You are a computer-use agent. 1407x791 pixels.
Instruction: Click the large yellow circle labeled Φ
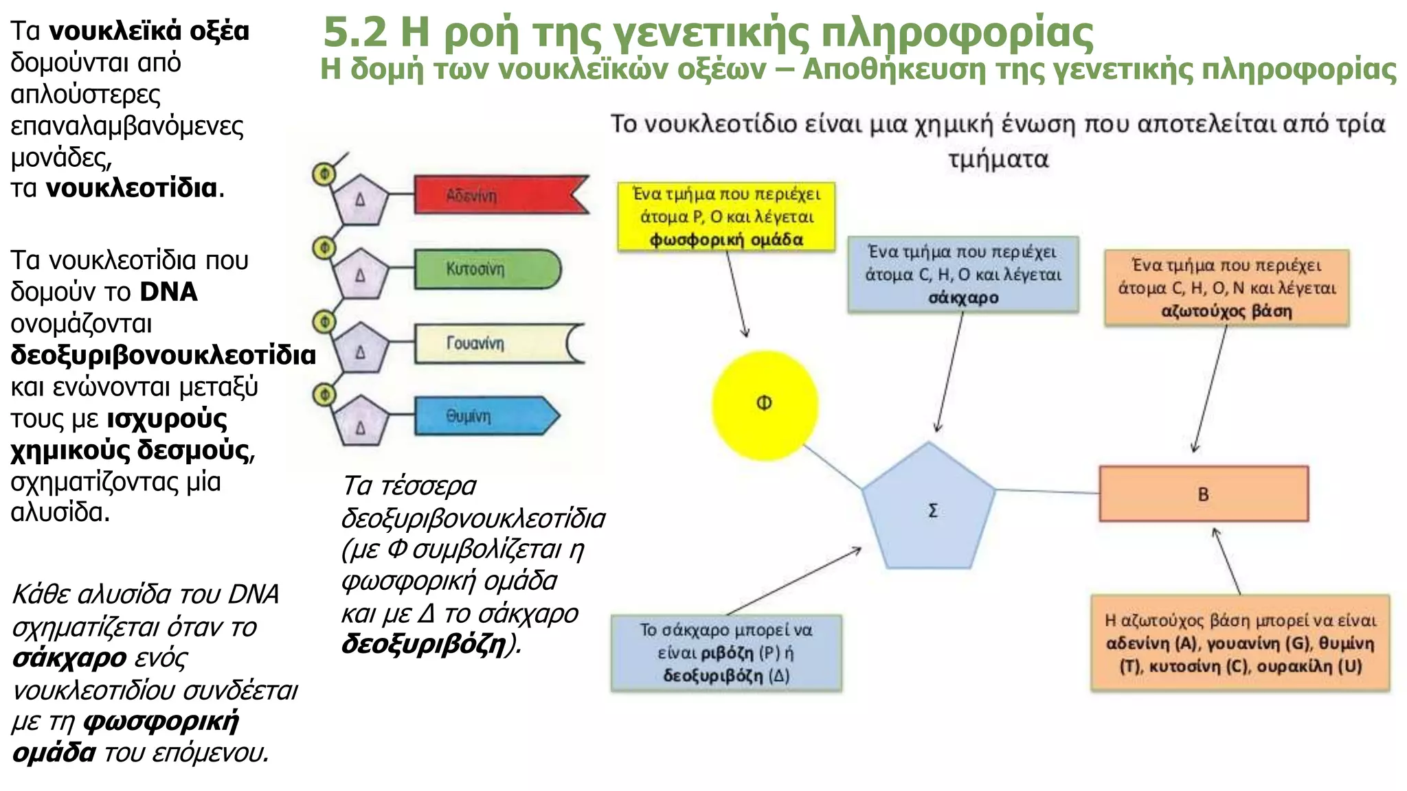pos(765,404)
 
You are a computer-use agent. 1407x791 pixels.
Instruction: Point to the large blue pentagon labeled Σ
pos(929,508)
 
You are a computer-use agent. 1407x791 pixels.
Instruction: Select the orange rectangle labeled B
pos(1204,494)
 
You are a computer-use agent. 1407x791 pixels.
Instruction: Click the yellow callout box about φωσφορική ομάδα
pos(726,216)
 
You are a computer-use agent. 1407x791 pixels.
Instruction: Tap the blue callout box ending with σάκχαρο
pos(963,275)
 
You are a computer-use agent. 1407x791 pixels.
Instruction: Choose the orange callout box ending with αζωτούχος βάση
pos(1226,288)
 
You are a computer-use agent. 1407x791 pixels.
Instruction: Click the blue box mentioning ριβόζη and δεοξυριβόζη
pos(726,652)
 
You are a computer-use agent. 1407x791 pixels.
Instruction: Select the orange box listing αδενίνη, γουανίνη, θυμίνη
pos(1240,643)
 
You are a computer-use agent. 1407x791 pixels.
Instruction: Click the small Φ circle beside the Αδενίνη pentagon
pos(324,174)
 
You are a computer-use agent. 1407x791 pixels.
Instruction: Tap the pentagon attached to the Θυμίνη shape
pos(360,421)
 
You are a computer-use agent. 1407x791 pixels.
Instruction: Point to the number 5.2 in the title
pos(354,32)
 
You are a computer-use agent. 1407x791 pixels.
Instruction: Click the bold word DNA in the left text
pos(168,292)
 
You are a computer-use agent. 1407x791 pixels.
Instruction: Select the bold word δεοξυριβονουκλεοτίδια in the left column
pos(164,355)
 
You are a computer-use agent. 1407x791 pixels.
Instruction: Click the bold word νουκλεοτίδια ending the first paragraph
pos(131,187)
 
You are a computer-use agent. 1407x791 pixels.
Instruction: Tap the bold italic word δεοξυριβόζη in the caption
pos(423,643)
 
